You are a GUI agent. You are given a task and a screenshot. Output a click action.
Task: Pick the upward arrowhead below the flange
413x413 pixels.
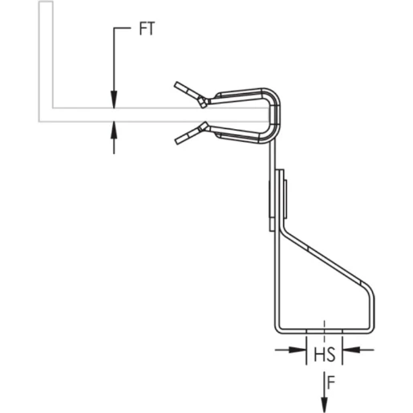pos(115,128)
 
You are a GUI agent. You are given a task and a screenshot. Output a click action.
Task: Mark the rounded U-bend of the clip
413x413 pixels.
pos(275,115)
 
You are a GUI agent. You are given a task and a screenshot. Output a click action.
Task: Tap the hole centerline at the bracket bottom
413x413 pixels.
pos(324,329)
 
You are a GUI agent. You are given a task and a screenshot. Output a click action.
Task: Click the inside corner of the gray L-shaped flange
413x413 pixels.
pos(53,107)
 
